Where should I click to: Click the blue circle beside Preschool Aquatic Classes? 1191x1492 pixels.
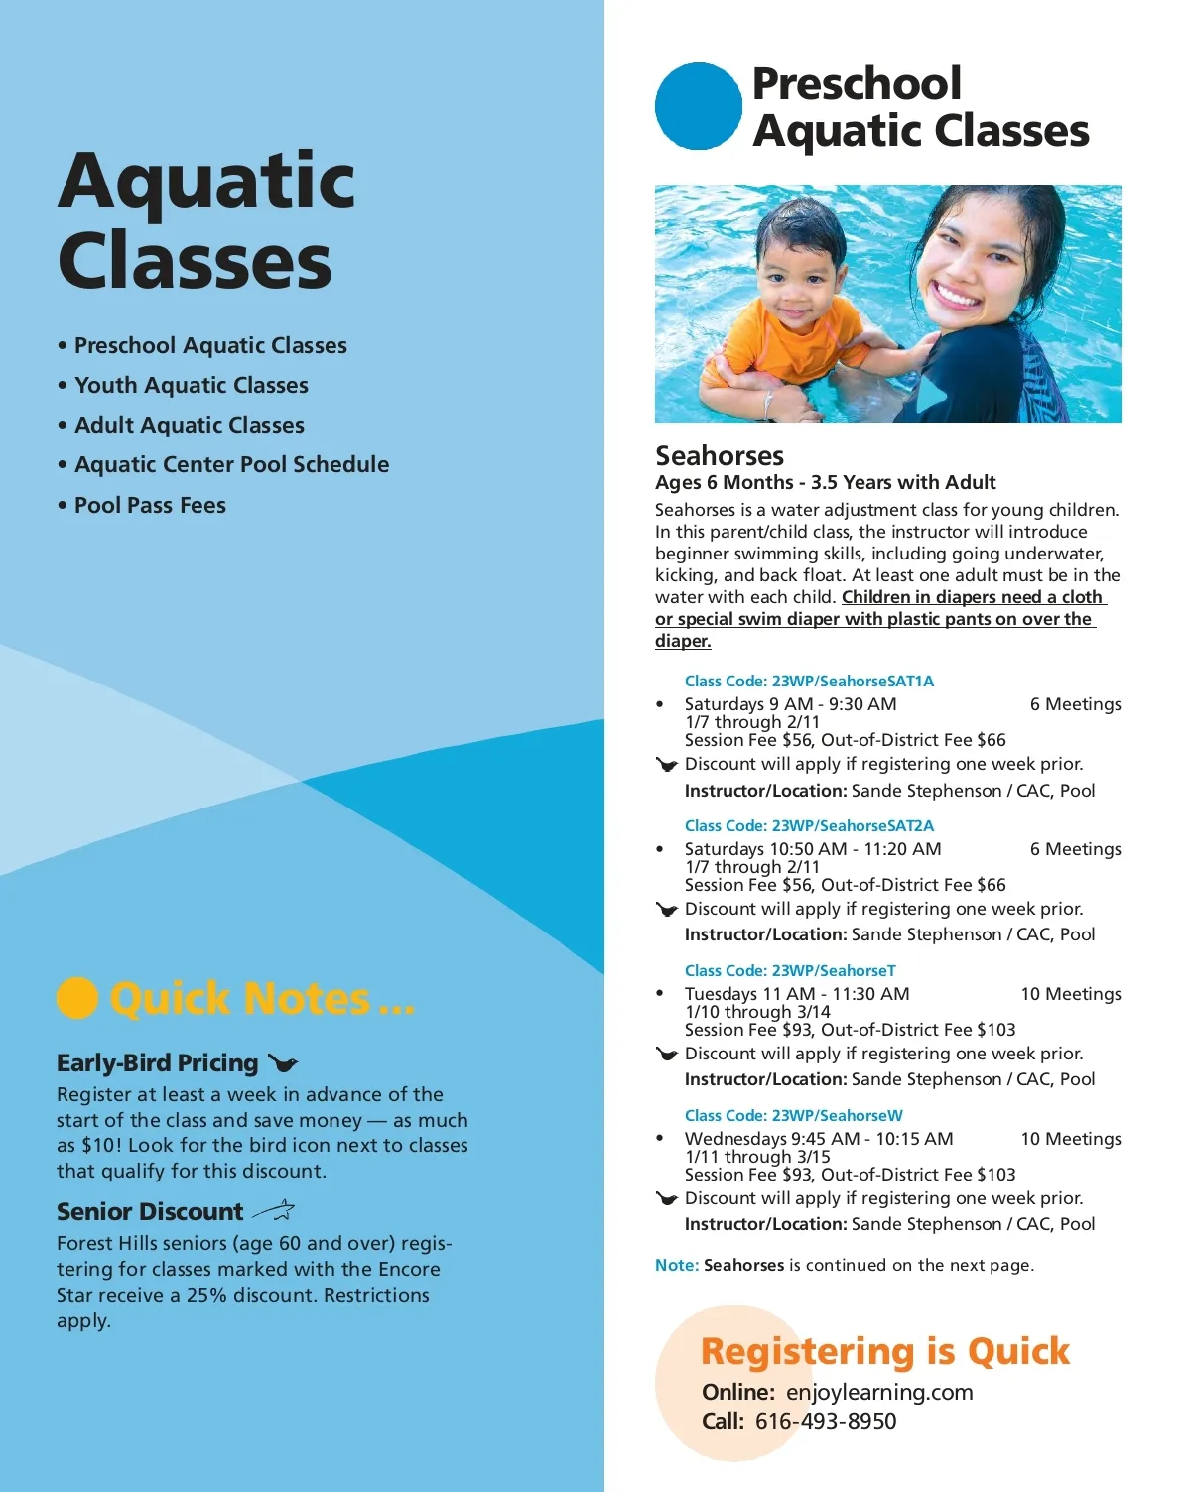[698, 107]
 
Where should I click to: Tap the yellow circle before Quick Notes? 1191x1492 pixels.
[77, 998]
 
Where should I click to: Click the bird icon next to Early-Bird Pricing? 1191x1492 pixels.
[283, 1064]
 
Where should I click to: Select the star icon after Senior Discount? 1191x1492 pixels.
[274, 1211]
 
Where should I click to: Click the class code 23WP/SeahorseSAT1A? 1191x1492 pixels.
[809, 682]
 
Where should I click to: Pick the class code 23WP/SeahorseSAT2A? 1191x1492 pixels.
[809, 826]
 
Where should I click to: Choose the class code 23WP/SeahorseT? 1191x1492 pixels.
[790, 971]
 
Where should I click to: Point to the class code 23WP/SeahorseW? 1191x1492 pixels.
[793, 1116]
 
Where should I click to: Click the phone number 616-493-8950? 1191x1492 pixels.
[825, 1421]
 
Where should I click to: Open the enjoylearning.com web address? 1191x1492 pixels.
[878, 1392]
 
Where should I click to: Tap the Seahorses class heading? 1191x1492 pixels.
[720, 456]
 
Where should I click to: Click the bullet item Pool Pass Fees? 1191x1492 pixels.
[150, 506]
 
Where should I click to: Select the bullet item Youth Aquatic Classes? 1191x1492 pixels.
[192, 386]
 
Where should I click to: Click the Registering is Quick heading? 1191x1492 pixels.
[884, 1351]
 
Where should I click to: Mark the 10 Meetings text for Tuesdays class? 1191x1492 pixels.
[1071, 994]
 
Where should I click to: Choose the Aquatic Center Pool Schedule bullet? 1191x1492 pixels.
[231, 465]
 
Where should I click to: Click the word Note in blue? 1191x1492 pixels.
[676, 1266]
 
